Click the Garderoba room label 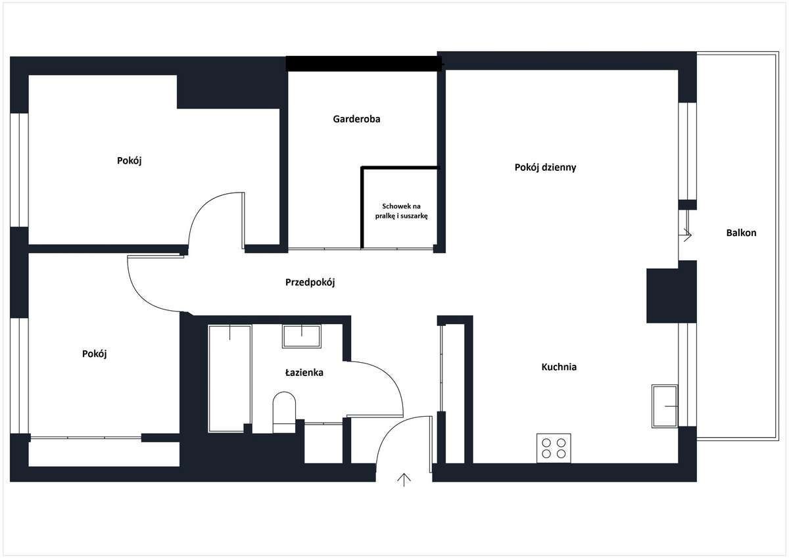click(x=356, y=119)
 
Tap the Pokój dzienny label click(x=545, y=168)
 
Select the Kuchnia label click(x=559, y=367)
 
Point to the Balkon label click(x=741, y=233)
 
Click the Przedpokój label click(x=310, y=283)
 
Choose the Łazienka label click(x=304, y=372)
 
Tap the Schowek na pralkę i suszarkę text click(x=401, y=211)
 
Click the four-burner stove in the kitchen click(x=554, y=448)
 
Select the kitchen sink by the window click(x=665, y=406)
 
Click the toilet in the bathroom click(x=284, y=412)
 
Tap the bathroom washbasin click(x=302, y=336)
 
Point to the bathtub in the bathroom click(x=229, y=379)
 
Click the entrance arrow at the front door click(x=404, y=480)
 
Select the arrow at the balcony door click(x=688, y=235)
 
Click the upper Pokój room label click(x=130, y=161)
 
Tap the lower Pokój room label click(x=95, y=354)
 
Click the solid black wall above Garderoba click(x=364, y=64)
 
